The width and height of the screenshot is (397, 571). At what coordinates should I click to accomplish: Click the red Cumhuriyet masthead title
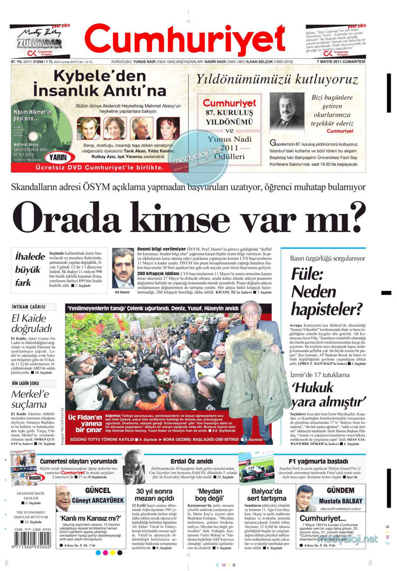coord(185,40)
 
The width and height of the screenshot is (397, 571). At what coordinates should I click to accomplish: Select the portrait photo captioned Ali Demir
coord(123,269)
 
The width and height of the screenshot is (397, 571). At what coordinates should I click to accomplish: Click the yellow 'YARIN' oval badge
coord(57,158)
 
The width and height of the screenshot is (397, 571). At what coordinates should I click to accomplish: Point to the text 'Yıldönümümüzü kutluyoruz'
coord(276,79)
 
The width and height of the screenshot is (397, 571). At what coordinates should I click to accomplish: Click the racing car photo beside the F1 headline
coord(256,468)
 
